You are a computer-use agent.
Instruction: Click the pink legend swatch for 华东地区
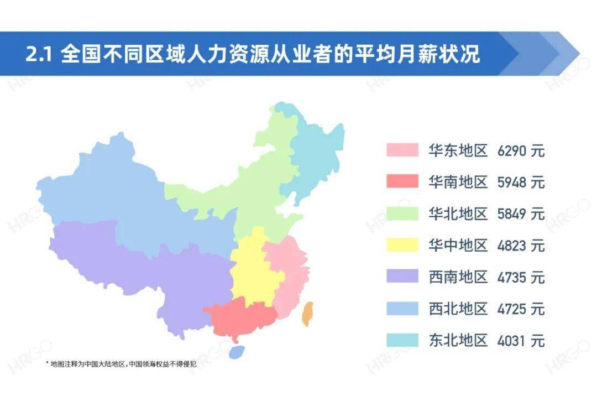point(402,150)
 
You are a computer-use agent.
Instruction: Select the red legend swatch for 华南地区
point(402,181)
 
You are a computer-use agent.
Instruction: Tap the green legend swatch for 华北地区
point(402,213)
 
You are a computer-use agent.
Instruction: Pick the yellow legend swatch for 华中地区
point(402,244)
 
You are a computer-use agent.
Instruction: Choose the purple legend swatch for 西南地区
point(402,276)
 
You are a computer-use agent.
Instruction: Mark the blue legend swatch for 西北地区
point(402,307)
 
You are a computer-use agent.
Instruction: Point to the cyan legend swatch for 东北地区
point(402,339)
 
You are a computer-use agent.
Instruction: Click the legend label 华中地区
point(458,244)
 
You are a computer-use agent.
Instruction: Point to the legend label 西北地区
point(458,307)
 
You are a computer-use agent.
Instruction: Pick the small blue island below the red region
point(237,352)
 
